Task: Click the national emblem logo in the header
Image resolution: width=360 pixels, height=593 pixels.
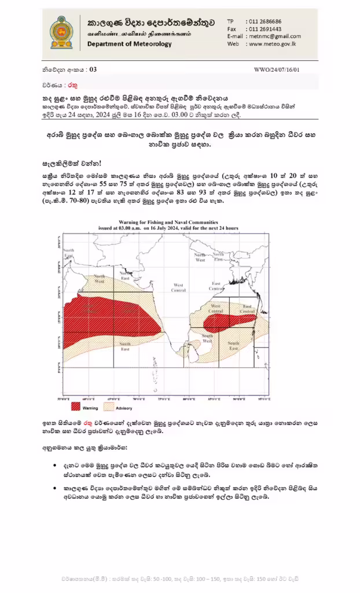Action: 61,33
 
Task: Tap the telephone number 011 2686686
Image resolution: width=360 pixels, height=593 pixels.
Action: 265,21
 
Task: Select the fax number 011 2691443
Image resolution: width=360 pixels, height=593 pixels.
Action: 265,28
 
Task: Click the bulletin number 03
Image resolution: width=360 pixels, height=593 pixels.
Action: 93,69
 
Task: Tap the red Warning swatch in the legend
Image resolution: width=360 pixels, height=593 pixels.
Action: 76,407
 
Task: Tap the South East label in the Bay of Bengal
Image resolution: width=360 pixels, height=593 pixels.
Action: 233,346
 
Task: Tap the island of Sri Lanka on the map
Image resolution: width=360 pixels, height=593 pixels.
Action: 183,350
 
